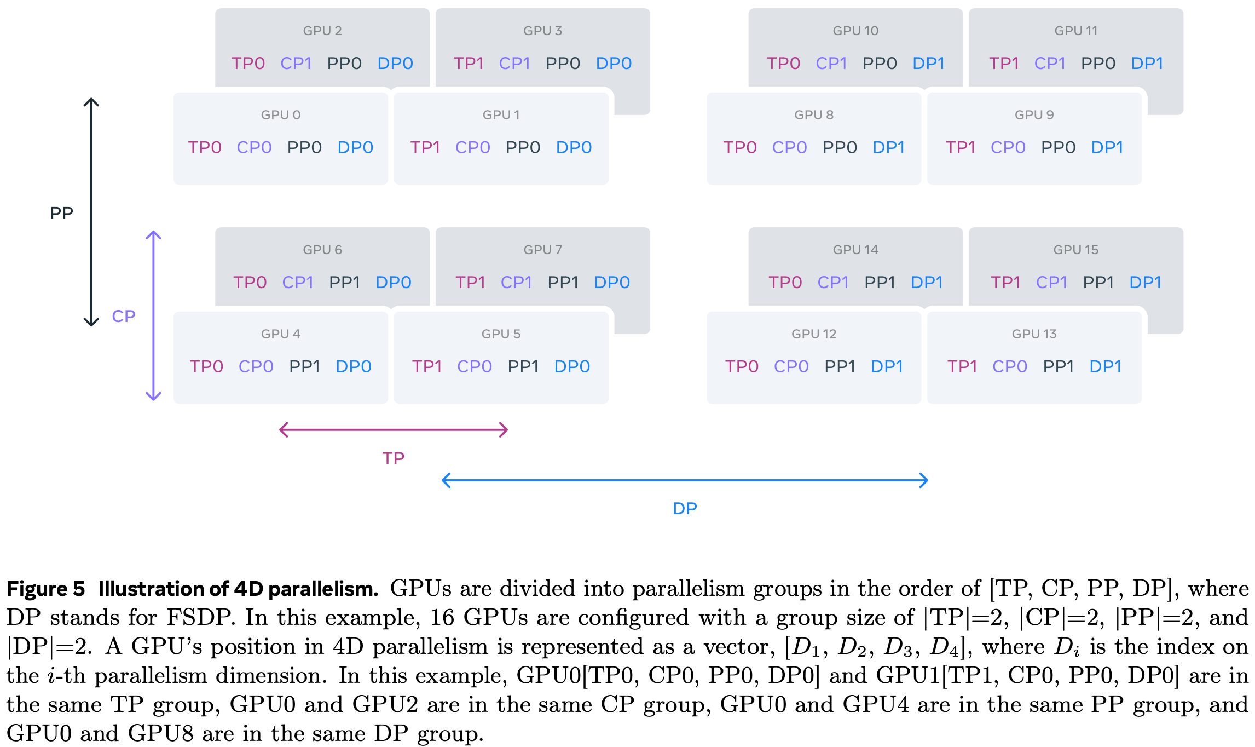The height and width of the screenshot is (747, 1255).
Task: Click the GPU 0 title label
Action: tap(280, 115)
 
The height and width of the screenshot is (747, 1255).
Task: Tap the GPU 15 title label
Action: tap(1075, 250)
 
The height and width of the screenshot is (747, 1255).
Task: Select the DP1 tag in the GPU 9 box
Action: tap(1107, 147)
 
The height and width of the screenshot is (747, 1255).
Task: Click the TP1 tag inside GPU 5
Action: tap(427, 366)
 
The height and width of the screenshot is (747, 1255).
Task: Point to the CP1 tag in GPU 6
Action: tap(297, 283)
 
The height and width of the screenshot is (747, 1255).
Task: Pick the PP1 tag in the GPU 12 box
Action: tap(840, 366)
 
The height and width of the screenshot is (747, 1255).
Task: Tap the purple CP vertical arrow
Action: tap(153, 315)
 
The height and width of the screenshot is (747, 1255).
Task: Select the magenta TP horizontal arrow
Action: tap(394, 430)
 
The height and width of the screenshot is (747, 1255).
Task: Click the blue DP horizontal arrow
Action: tap(685, 480)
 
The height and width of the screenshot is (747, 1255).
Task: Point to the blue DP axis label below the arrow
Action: tap(685, 509)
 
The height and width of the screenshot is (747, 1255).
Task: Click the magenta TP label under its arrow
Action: tap(393, 458)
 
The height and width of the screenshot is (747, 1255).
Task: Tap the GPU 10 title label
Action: tap(855, 31)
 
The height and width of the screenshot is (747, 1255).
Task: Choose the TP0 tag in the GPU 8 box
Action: tap(740, 147)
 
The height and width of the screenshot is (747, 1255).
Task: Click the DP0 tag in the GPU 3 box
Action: tap(614, 64)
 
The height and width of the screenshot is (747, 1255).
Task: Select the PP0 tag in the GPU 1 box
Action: tap(523, 147)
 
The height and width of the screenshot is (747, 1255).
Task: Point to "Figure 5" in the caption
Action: tap(45, 589)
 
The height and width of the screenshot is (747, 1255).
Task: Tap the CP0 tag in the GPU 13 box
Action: tap(1010, 366)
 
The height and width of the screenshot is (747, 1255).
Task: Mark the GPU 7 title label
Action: tap(542, 250)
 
